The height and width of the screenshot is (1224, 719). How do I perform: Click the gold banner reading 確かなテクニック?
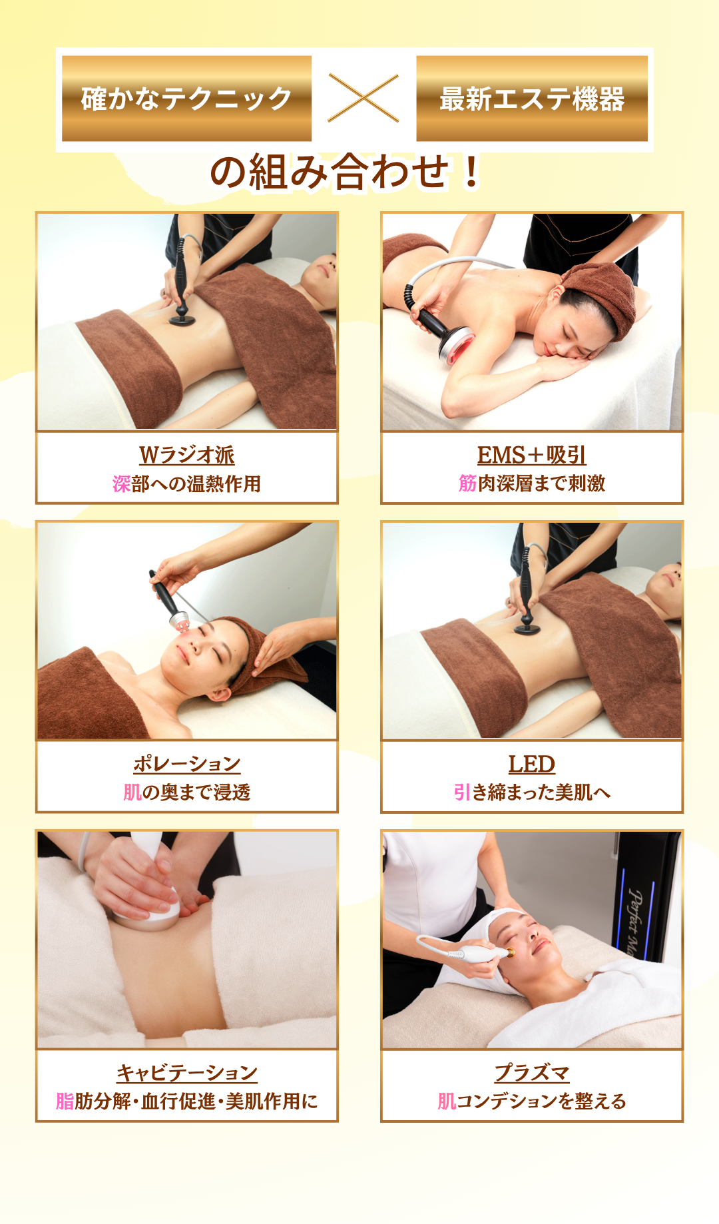186,99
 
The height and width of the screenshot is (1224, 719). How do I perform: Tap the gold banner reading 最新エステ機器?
532,99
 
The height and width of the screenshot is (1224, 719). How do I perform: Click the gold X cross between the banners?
363,98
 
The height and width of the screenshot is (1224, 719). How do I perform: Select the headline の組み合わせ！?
345,172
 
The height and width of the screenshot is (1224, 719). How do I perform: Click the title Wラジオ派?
187,455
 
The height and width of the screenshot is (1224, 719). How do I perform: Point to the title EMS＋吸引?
532,455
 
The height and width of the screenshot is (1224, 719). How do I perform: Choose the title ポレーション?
187,763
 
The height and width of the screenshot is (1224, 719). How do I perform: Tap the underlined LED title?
532,764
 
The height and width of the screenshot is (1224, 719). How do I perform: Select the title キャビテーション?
187,1072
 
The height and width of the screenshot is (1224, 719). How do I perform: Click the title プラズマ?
532,1072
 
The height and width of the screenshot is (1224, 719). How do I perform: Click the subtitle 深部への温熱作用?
187,483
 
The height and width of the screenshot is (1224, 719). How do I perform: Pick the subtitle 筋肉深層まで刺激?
532,483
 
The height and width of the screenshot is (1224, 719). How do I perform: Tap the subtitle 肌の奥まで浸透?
187,792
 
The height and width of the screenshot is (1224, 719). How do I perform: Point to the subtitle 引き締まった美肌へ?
532,792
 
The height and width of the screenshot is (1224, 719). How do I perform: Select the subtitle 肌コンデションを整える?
532,1101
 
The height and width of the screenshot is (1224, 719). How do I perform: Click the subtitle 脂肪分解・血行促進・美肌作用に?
187,1101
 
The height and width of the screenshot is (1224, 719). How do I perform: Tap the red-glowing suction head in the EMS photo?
456,347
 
